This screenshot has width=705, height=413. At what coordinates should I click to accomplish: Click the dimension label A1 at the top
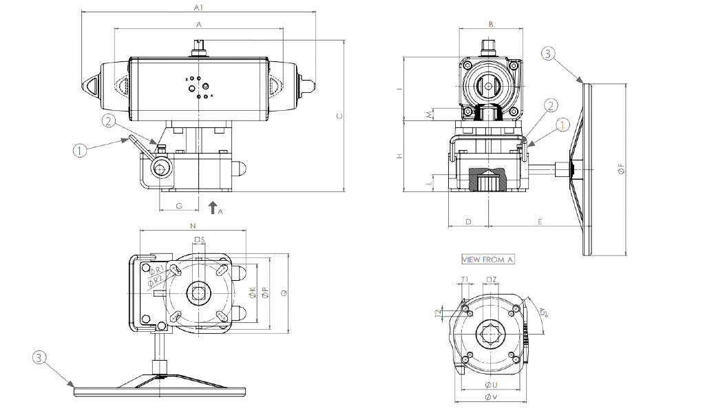(198, 8)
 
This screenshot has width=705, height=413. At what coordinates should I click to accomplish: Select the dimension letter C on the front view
(339, 116)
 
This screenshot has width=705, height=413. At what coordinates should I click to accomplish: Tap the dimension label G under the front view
(179, 205)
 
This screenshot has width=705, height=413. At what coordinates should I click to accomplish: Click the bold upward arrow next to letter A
(212, 207)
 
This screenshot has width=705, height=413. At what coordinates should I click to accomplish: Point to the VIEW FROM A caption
(487, 260)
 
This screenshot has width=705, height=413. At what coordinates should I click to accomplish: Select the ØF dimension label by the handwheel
(621, 169)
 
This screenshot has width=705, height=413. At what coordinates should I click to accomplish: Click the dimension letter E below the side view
(540, 222)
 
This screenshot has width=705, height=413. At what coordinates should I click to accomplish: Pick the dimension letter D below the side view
(467, 222)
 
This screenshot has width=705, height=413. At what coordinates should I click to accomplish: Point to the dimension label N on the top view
(193, 226)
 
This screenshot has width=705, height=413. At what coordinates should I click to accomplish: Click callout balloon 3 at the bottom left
(39, 357)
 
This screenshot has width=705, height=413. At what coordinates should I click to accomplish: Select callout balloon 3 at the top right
(547, 53)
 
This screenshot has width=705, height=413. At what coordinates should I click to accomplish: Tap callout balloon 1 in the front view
(81, 149)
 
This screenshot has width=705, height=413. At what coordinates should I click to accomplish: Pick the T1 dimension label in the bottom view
(465, 279)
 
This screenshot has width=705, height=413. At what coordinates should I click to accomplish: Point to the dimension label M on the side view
(430, 114)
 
